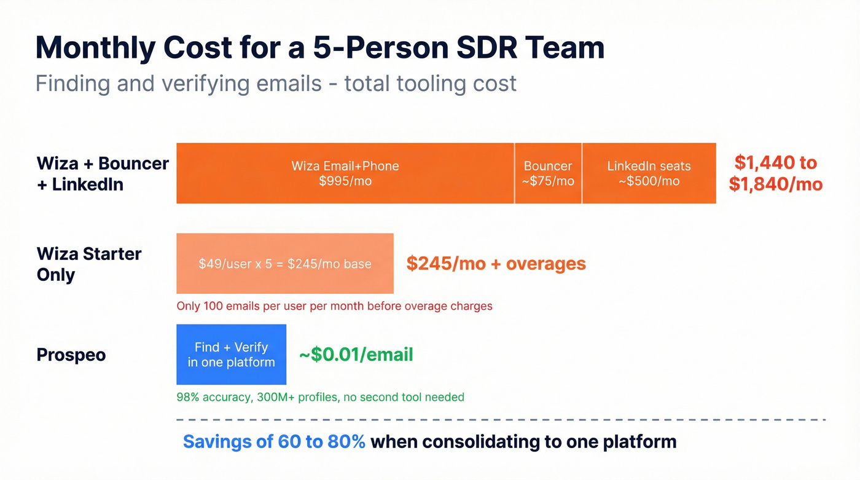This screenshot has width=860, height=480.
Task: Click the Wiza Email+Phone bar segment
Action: click(x=345, y=173)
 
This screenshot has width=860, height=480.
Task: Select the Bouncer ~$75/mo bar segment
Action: click(x=548, y=173)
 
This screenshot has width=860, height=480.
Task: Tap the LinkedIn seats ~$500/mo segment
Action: click(x=649, y=173)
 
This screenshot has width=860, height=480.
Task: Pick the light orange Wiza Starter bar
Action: click(x=284, y=264)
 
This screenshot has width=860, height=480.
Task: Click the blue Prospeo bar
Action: click(x=231, y=355)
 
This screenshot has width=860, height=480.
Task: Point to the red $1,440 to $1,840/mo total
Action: click(x=775, y=173)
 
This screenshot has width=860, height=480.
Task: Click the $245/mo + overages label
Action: click(x=496, y=264)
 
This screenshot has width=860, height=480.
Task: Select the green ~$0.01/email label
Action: click(x=356, y=355)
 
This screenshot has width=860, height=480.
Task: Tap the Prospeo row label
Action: click(x=71, y=355)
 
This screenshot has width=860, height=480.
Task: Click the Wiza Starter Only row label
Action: click(x=89, y=264)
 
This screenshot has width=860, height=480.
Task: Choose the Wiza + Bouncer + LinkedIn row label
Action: click(x=103, y=173)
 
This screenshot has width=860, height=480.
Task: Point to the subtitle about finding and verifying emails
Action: click(x=276, y=83)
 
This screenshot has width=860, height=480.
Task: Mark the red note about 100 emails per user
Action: click(x=334, y=306)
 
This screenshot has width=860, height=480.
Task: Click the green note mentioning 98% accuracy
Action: click(x=320, y=397)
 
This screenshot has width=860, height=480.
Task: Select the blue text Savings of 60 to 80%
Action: click(x=274, y=441)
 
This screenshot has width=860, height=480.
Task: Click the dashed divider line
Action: click(x=501, y=420)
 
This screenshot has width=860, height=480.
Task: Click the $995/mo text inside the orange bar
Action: click(x=345, y=181)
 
